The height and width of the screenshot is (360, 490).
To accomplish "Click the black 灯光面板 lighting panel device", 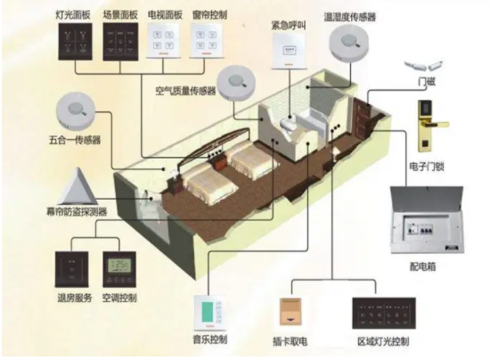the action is click(x=75, y=41).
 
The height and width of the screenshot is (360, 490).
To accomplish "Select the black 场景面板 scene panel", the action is click(x=120, y=41).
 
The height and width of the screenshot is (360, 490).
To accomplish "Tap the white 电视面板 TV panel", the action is click(x=163, y=41).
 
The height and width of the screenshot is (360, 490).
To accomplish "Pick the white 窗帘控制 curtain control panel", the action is click(x=207, y=41).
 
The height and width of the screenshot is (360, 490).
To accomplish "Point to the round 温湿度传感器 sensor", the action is click(x=348, y=43).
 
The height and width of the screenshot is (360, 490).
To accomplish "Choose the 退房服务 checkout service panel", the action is click(x=72, y=269).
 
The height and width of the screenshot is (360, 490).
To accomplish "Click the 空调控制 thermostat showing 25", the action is click(x=119, y=269).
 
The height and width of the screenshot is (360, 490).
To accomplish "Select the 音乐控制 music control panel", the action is click(x=209, y=313).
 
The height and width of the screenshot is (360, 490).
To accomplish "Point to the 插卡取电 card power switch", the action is click(x=290, y=312).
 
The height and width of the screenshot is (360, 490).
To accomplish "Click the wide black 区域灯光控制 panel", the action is click(x=384, y=313).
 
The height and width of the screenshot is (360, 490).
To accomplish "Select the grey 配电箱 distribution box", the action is click(x=427, y=220).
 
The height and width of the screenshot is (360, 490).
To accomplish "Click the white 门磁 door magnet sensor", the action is click(x=424, y=66).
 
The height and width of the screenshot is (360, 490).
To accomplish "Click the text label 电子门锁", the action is click(x=427, y=167).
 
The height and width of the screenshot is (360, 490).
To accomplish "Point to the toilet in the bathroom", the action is click(x=288, y=125).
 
